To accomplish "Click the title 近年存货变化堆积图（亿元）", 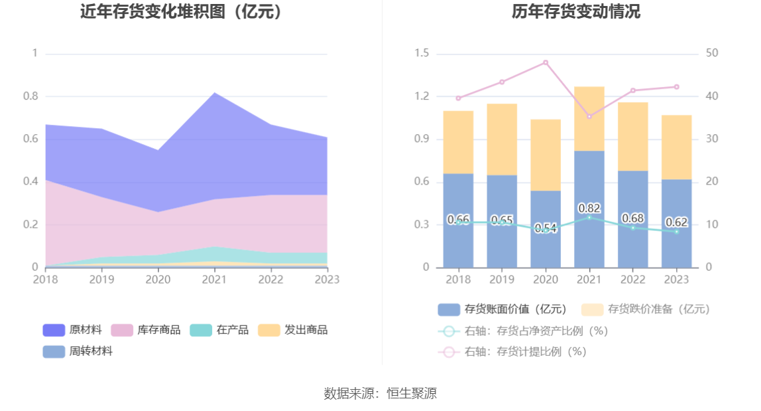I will [181, 11].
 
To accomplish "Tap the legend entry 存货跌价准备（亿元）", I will [646, 309].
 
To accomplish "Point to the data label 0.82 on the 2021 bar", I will [589, 208].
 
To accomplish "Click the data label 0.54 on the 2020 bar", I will [546, 228].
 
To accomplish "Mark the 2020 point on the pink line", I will [546, 62].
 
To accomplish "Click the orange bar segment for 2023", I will [676, 147].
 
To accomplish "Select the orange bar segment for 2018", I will [458, 142].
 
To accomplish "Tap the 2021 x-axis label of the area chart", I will [214, 280].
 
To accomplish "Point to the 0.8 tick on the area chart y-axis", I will [31, 96].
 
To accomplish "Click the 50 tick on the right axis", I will [713, 53].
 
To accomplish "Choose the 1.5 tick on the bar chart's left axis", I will [422, 53].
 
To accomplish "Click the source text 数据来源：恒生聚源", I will [380, 393].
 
